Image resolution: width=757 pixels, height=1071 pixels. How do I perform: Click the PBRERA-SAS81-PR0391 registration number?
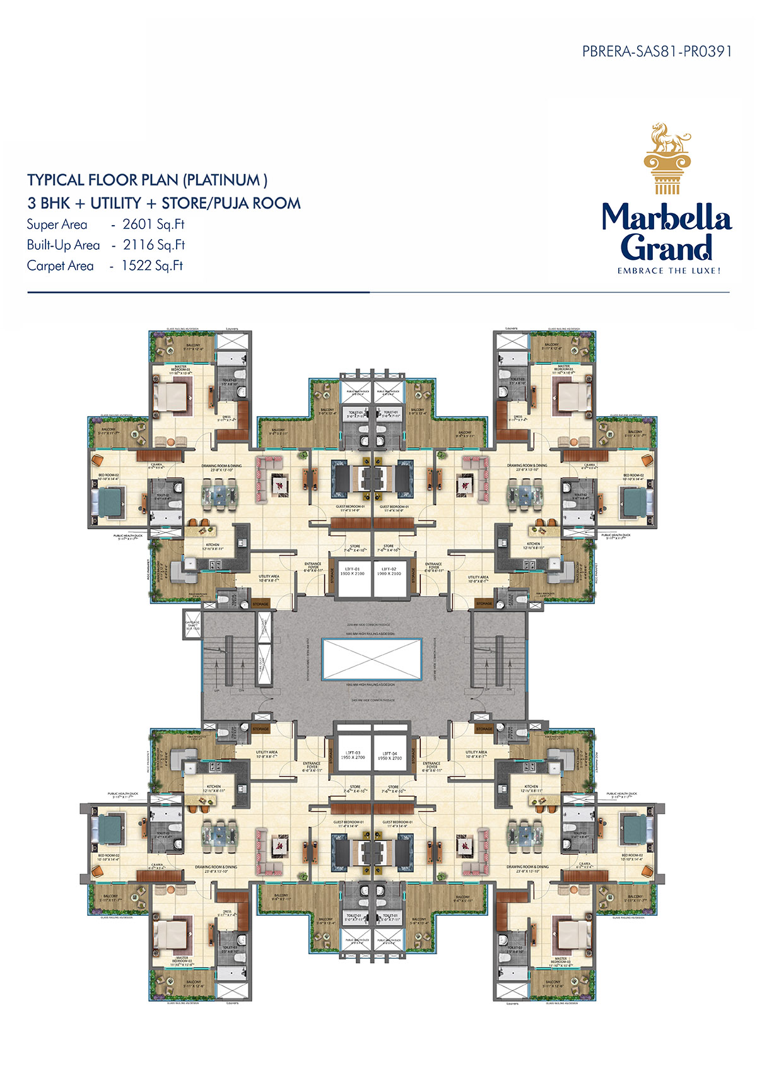(x=657, y=51)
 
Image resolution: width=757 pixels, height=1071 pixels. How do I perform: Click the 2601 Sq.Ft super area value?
(x=153, y=225)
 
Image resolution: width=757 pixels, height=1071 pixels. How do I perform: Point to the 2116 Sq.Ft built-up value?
(x=154, y=245)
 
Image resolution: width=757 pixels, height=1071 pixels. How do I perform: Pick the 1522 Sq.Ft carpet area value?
(x=152, y=266)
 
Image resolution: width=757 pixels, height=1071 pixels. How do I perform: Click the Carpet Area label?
(x=60, y=266)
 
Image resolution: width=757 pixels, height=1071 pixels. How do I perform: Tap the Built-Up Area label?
(x=63, y=245)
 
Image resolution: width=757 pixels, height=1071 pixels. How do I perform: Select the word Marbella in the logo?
(x=666, y=218)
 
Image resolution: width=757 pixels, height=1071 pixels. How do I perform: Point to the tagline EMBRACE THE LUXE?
(x=668, y=271)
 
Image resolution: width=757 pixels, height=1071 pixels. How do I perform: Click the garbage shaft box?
(x=192, y=624)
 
